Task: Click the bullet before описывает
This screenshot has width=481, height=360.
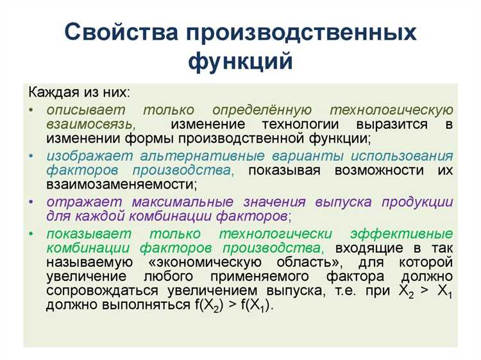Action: click(x=31, y=110)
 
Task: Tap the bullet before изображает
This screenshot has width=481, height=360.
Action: click(x=31, y=156)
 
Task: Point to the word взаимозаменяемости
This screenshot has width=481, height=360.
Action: click(x=120, y=184)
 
